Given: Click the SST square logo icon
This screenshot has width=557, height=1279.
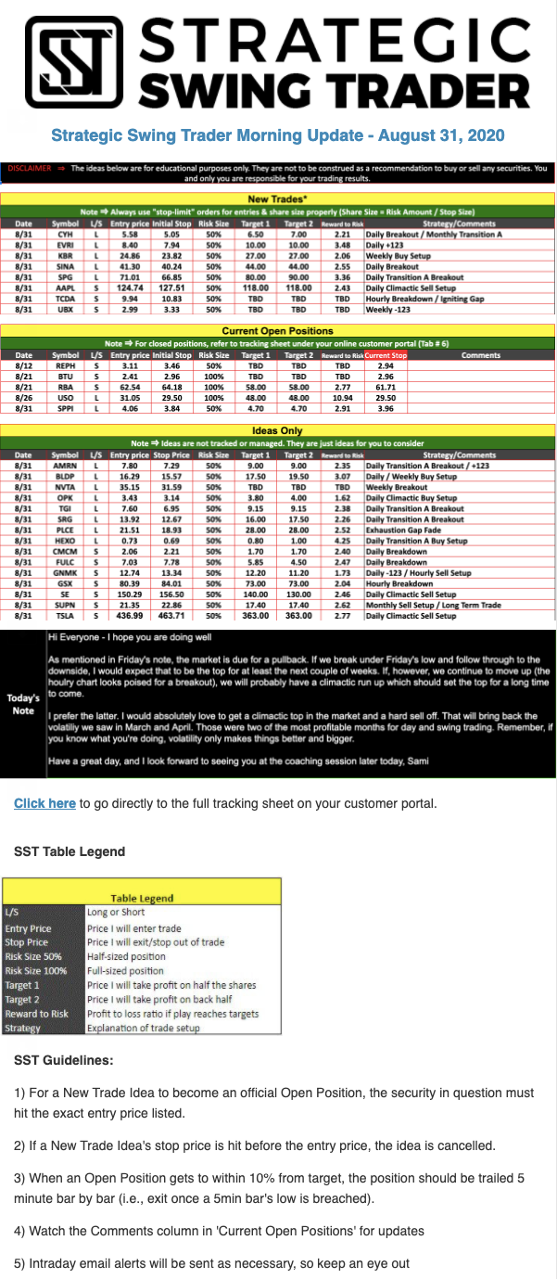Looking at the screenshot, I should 70,62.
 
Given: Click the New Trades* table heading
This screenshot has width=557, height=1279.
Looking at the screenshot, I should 278,198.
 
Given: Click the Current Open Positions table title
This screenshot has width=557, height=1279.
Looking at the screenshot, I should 278,331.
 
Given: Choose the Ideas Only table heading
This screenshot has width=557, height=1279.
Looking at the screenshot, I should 278,431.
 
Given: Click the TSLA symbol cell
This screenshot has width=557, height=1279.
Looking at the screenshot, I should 65,615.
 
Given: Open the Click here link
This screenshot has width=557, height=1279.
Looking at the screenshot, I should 44,803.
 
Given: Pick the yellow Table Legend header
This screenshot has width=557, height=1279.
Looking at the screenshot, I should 142,898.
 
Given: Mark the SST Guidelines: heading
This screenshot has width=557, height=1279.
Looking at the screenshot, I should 64,1059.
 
